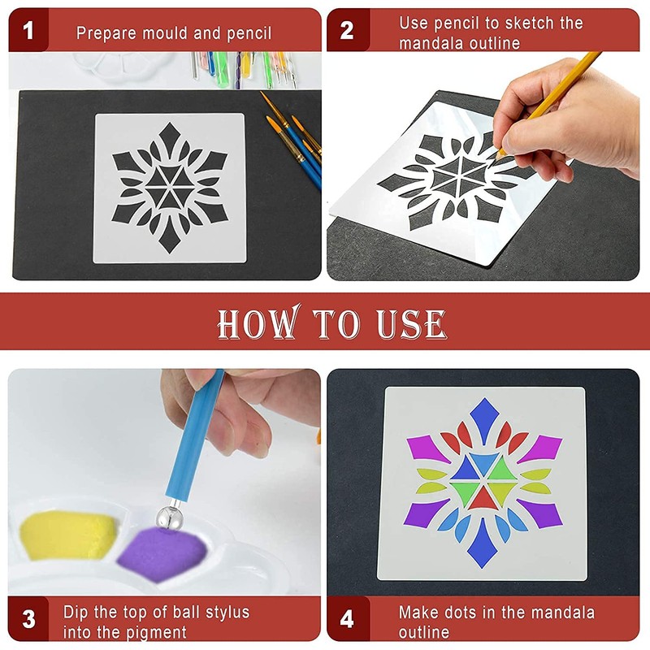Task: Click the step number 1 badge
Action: coord(29,32)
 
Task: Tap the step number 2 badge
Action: coord(347,32)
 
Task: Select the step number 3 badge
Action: coord(29,620)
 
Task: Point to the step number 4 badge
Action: coord(347,620)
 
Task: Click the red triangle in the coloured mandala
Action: coord(484,496)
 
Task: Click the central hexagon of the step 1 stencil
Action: coord(168,188)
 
